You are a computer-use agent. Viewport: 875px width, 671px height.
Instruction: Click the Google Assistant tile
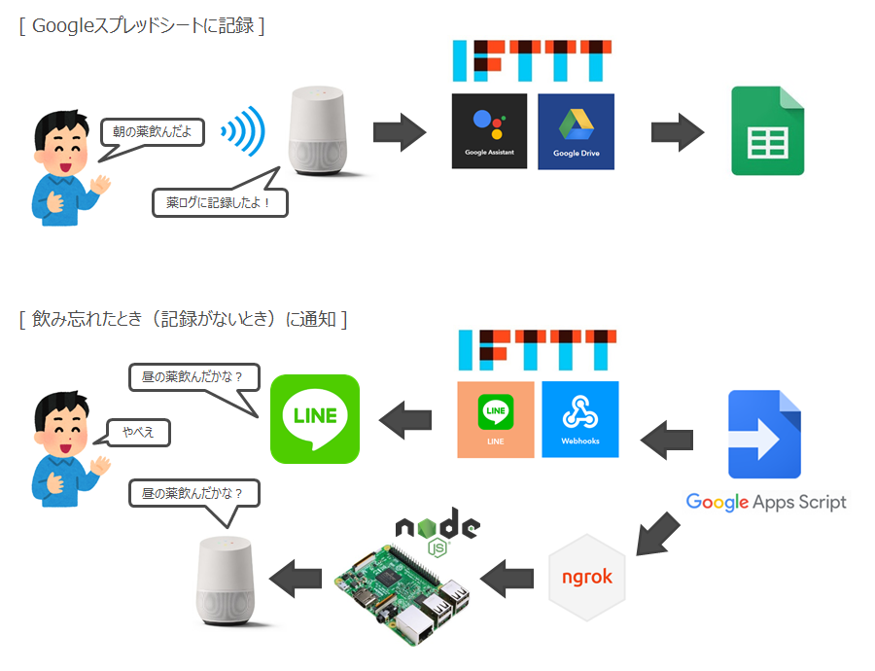[x=489, y=130]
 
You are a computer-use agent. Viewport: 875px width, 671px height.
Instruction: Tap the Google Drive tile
[x=576, y=131]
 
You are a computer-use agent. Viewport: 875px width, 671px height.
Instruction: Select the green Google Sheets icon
[x=768, y=131]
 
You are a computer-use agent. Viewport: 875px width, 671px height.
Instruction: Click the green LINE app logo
[x=314, y=419]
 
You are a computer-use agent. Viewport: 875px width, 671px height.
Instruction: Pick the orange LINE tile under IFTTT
[x=496, y=419]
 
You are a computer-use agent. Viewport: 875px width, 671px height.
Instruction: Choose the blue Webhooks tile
[x=580, y=419]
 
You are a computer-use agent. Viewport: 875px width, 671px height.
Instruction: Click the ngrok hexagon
[x=587, y=576]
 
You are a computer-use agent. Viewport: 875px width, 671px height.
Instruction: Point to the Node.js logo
[x=437, y=533]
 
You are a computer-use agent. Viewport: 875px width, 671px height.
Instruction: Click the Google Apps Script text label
[x=766, y=502]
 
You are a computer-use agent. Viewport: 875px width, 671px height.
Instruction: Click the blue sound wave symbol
[x=243, y=131]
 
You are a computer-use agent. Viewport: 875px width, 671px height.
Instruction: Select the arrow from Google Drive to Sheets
[x=678, y=131]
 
